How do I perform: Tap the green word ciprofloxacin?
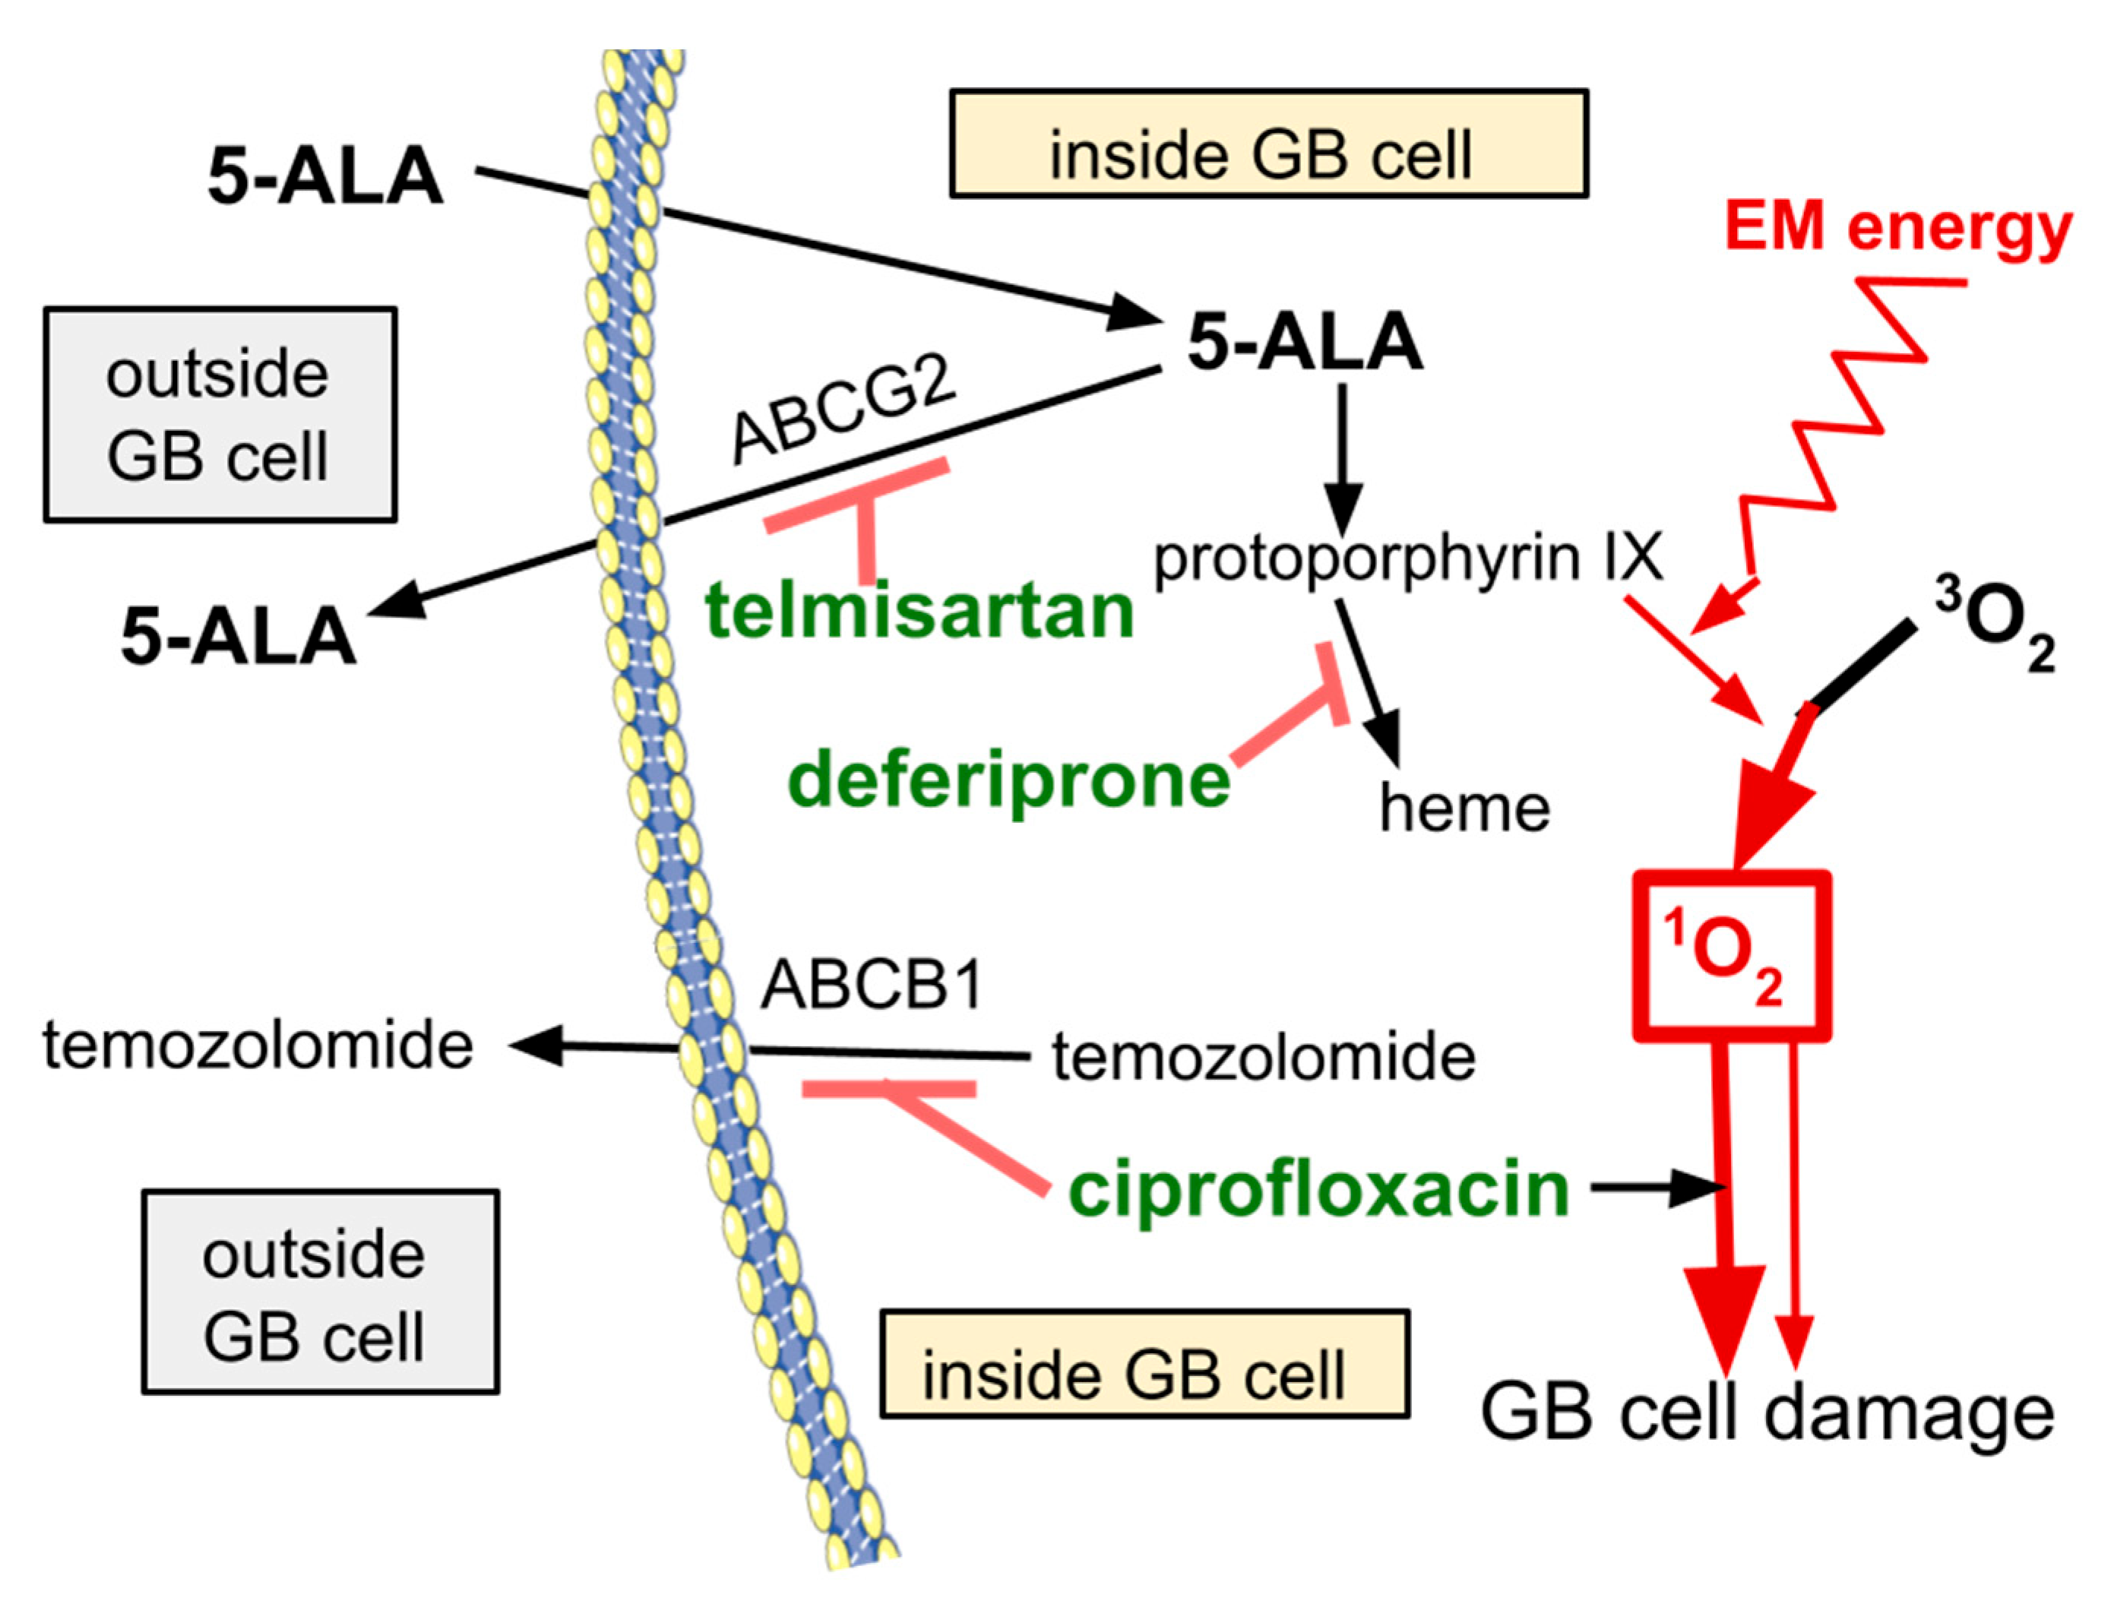(x=1319, y=1190)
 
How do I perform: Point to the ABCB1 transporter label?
(x=872, y=984)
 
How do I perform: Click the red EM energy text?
(x=1898, y=229)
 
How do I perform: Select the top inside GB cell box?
(x=1268, y=144)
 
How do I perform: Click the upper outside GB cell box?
(x=220, y=415)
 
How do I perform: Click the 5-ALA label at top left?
(x=325, y=178)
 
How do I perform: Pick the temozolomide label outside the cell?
(x=258, y=1045)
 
